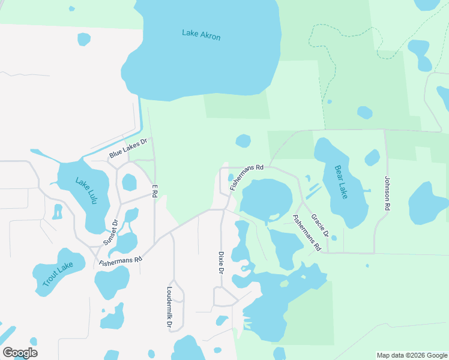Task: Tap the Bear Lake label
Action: tap(341, 182)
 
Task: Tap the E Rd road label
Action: tap(154, 191)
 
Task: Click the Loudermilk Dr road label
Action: tap(169, 307)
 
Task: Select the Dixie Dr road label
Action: tap(221, 263)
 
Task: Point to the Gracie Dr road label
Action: tap(320, 227)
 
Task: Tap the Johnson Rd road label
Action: tap(387, 192)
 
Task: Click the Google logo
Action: tap(20, 353)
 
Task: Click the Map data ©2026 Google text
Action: tap(412, 355)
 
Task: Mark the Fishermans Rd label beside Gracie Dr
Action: tap(306, 232)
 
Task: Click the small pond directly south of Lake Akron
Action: tap(243, 141)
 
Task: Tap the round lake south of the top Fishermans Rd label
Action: tap(266, 199)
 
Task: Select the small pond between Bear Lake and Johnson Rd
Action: tap(372, 158)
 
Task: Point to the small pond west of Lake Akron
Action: tap(84, 39)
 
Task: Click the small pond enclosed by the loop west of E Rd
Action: tap(129, 182)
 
